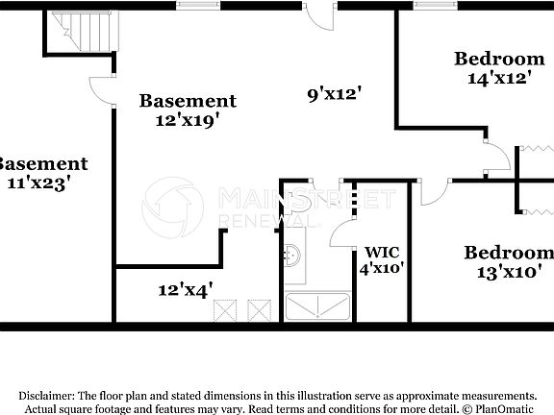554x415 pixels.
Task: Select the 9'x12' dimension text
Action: (x=334, y=94)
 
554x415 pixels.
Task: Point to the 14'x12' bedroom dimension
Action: (x=499, y=78)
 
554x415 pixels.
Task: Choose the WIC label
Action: (x=375, y=253)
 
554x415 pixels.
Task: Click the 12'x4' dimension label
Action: (x=186, y=288)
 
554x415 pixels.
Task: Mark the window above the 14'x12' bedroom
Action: (x=436, y=5)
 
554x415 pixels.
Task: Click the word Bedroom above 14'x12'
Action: (x=499, y=59)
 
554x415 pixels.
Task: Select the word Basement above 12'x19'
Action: (x=188, y=101)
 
